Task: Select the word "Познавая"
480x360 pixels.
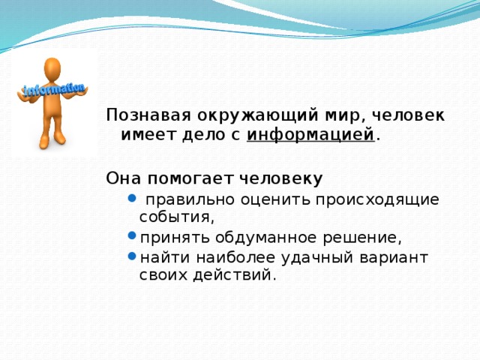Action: tap(148, 115)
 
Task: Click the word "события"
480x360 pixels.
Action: tap(177, 217)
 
